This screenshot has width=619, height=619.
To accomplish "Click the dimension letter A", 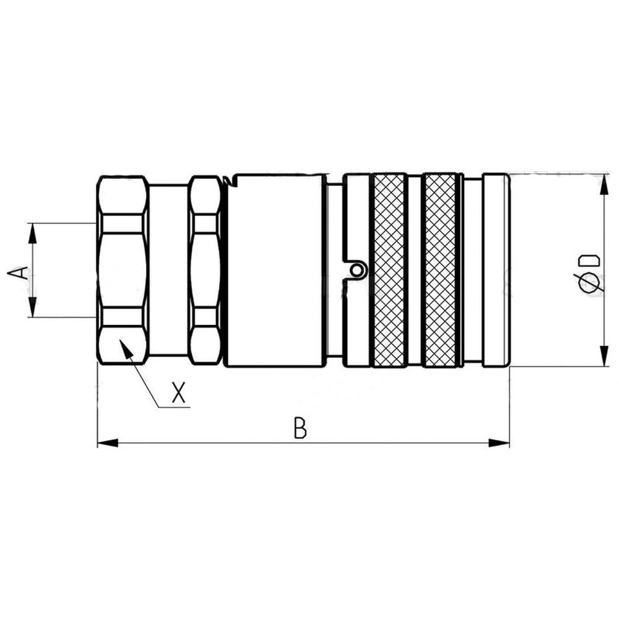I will (19, 272).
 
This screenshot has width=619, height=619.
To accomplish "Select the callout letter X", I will (179, 393).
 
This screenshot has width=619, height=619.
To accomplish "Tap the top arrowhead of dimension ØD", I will (603, 182).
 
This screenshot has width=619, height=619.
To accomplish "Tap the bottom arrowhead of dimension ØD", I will (603, 357).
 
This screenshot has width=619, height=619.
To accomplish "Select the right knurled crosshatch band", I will (441, 269).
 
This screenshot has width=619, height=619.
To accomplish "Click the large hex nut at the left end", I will (123, 269).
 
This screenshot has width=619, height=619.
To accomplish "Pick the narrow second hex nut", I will (205, 269).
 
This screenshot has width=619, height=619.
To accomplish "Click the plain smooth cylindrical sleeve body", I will (274, 269).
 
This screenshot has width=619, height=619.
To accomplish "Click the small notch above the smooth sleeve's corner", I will (230, 181).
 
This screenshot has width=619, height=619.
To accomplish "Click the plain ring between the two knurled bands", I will (414, 269).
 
